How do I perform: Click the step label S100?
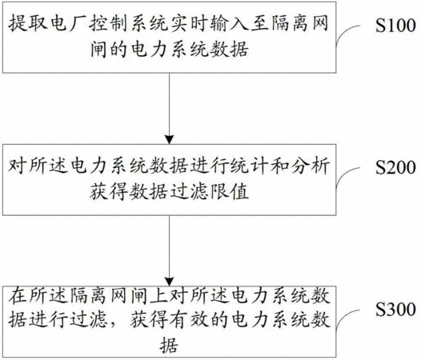point(395,26)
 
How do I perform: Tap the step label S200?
point(395,167)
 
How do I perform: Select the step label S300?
point(395,310)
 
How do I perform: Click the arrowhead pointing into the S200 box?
point(170,139)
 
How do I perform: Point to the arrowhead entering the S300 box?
point(170,282)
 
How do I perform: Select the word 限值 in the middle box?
point(230,192)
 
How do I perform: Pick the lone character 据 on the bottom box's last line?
point(170,345)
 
